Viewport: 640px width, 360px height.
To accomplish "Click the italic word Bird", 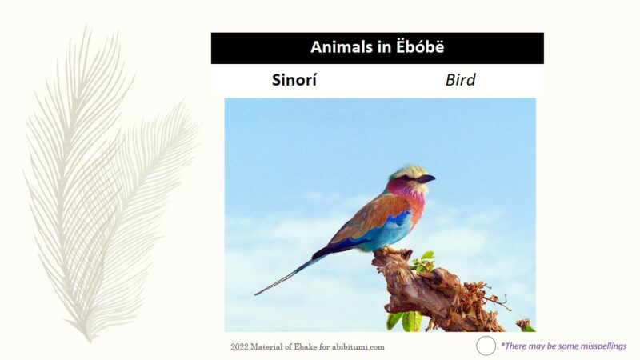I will pyautogui.click(x=460, y=80).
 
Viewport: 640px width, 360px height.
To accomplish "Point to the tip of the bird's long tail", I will pyautogui.click(x=258, y=294).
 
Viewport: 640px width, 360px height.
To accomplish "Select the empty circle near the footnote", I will pyautogui.click(x=486, y=346).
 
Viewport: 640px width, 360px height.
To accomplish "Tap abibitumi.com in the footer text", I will pyautogui.click(x=358, y=346).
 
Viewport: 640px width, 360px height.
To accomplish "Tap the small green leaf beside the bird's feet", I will pyautogui.click(x=425, y=260).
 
